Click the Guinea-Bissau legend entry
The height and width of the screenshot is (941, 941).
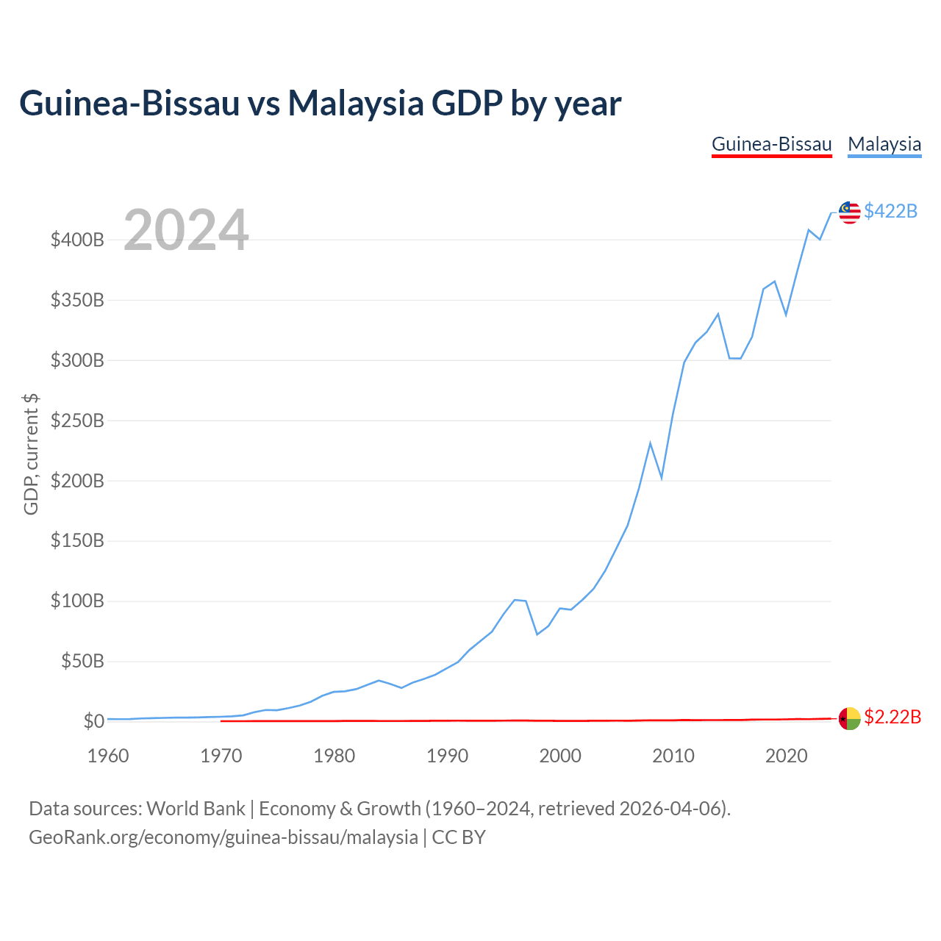tap(771, 145)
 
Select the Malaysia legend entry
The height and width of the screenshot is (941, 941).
tap(884, 145)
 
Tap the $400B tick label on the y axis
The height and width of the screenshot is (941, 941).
tap(77, 240)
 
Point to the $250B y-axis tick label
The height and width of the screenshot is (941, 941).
tap(77, 421)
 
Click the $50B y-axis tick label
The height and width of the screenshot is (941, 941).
tap(82, 661)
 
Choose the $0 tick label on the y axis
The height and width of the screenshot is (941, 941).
tap(94, 721)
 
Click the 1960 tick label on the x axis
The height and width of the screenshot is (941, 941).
tap(108, 756)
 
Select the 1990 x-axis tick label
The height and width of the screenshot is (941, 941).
tap(447, 756)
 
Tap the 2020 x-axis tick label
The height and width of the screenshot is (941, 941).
tap(786, 756)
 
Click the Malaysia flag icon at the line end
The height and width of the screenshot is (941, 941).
tap(849, 212)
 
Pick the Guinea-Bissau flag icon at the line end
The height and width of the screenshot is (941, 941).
tap(849, 718)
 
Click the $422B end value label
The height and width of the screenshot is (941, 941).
tap(891, 211)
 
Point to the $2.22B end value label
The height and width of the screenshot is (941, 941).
tap(892, 717)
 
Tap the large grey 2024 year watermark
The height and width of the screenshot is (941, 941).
tap(186, 229)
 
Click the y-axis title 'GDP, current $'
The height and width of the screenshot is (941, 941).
tap(31, 454)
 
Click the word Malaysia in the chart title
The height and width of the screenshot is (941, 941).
tap(356, 104)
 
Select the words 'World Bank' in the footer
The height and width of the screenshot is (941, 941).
tap(196, 809)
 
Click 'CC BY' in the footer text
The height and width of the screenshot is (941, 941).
tap(459, 837)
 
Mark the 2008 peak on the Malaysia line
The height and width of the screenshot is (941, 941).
tap(650, 443)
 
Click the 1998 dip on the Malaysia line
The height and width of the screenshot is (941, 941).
tap(537, 634)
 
